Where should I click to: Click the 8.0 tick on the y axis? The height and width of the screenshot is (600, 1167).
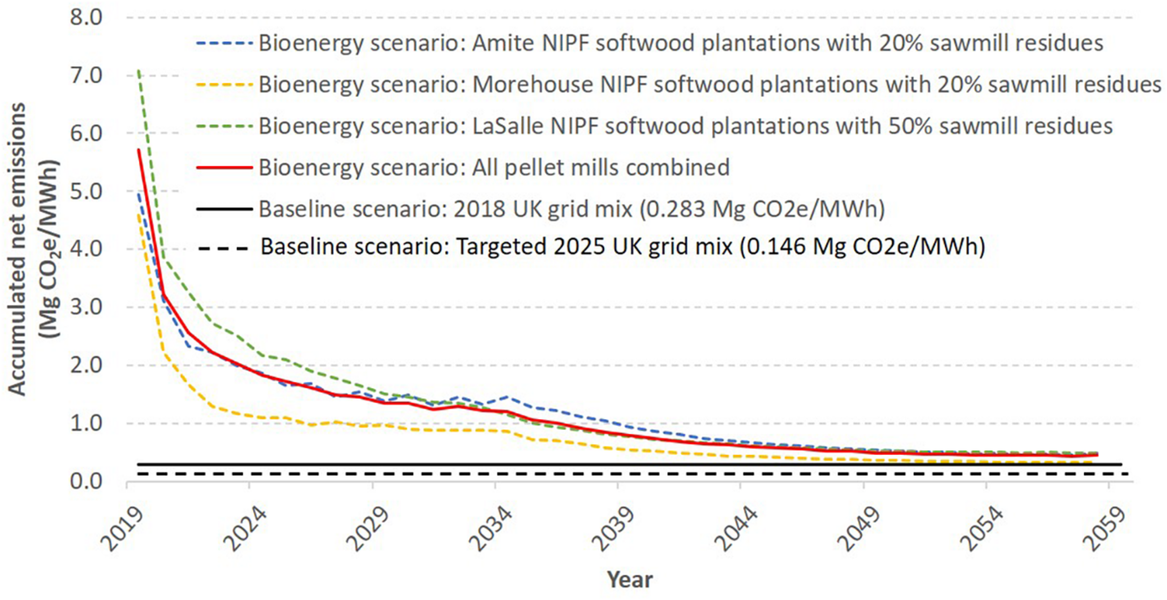point(86,18)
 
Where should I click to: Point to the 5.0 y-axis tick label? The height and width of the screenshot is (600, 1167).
point(86,191)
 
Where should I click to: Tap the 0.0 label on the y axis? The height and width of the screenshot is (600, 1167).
point(86,481)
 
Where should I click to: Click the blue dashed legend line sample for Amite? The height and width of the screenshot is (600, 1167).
point(225,43)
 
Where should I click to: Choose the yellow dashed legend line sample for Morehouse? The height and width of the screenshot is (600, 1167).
point(225,85)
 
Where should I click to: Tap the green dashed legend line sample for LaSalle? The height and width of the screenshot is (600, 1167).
point(225,126)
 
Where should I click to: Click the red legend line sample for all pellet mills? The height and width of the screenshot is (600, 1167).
point(225,167)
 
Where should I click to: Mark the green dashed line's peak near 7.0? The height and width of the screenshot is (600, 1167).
point(139,71)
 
